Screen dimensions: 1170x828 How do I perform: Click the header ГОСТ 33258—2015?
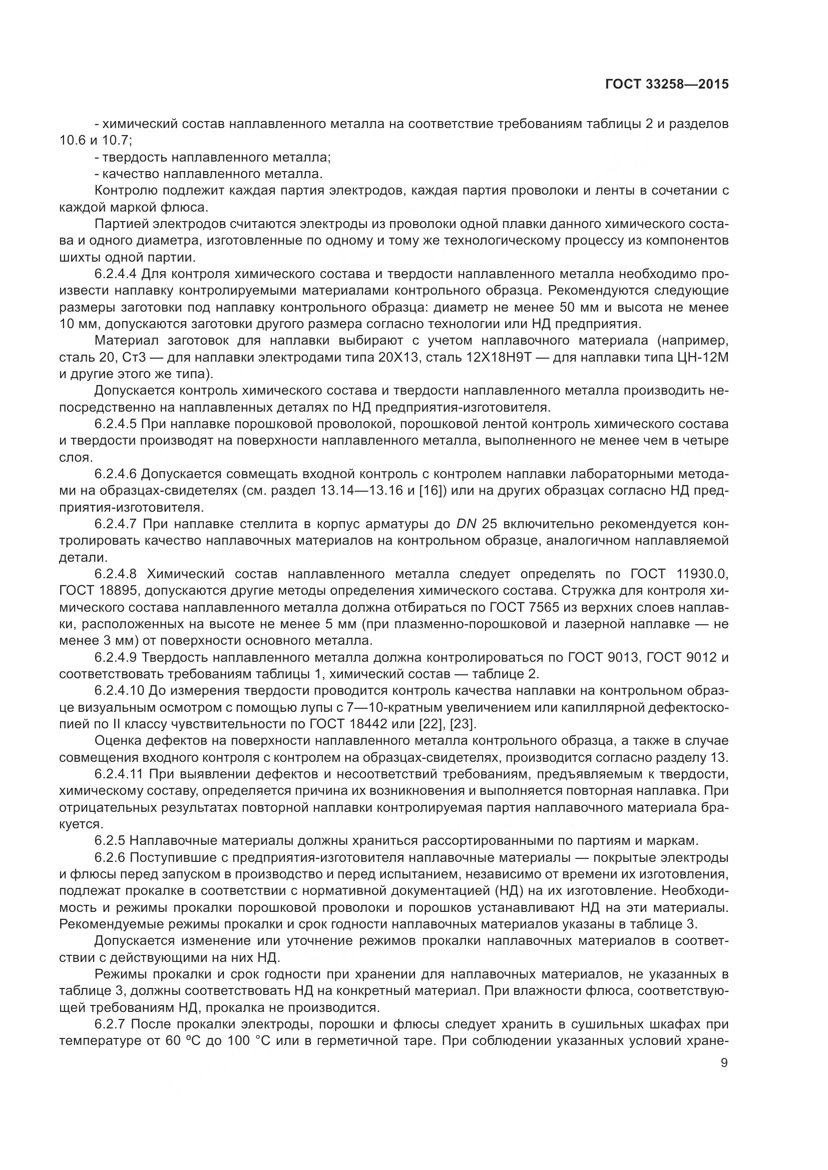click(x=666, y=85)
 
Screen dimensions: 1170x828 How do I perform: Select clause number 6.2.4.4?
click(x=115, y=274)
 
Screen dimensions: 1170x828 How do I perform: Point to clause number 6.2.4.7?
click(x=115, y=524)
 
